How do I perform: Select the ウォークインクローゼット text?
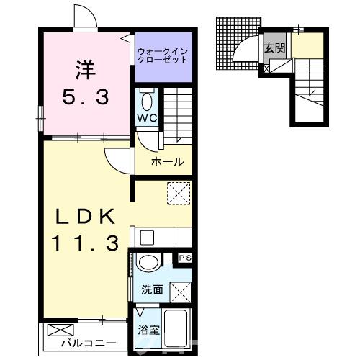[163, 55]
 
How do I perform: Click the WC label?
[144, 117]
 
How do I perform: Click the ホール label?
[167, 162]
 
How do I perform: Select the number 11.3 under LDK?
[84, 244]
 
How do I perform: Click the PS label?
[184, 257]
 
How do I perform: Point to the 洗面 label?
[152, 289]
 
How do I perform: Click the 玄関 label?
[274, 48]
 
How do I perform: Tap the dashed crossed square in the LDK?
[177, 193]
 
